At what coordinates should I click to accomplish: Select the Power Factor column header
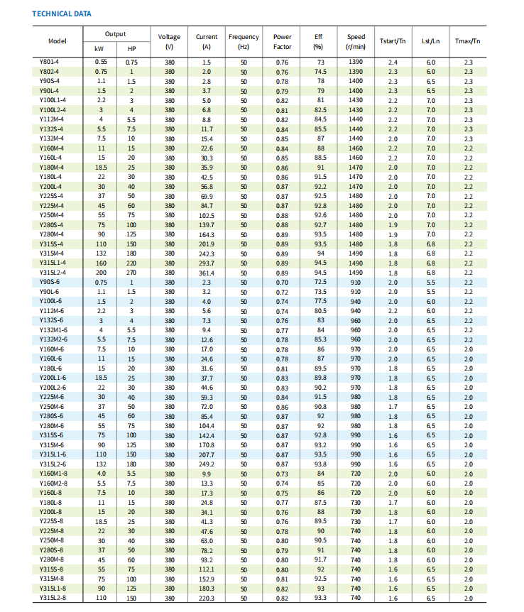(282, 41)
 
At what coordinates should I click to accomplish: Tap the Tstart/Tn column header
(393, 41)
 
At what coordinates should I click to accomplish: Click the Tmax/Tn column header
(468, 41)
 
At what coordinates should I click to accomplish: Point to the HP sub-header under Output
(131, 49)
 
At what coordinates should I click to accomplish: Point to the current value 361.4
(207, 273)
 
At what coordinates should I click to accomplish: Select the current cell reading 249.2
(207, 464)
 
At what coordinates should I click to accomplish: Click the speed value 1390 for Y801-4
(356, 62)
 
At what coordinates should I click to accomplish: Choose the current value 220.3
(207, 598)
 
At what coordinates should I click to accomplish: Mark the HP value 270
(131, 273)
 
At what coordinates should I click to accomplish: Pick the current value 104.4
(207, 425)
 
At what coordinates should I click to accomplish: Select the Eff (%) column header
(318, 41)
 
